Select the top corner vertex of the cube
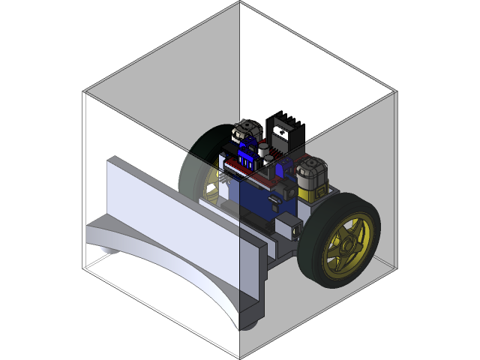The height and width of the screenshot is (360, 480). click(x=240, y=2)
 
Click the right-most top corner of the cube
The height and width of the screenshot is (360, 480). click(x=395, y=93)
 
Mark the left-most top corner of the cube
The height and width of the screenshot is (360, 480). click(x=84, y=92)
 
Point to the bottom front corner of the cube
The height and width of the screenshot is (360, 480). click(x=240, y=358)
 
